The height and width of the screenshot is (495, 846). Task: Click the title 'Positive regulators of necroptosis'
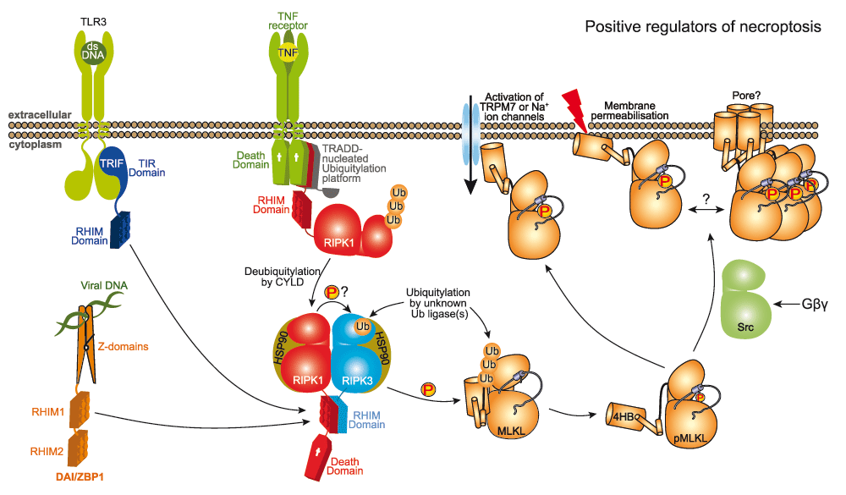702,26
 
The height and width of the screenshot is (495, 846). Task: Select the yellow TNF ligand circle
289,52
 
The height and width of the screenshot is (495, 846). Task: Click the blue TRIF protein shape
115,168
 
